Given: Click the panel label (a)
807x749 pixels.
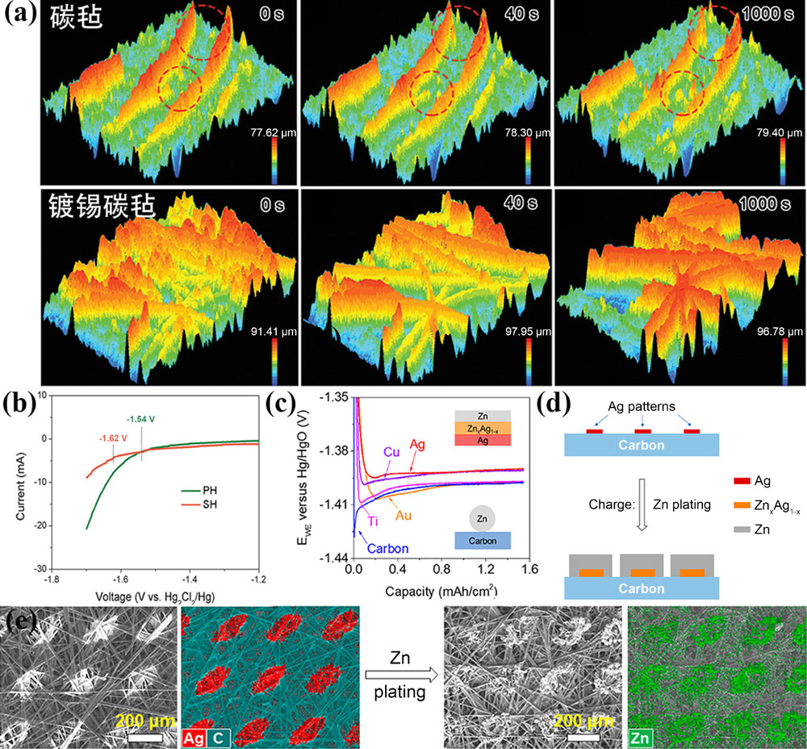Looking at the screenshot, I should [x=18, y=17].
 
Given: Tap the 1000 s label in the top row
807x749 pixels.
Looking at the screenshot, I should [x=772, y=15].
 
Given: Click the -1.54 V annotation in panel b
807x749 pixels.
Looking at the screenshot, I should [x=144, y=419].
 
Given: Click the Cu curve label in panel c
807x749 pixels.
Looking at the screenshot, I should [x=391, y=451].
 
